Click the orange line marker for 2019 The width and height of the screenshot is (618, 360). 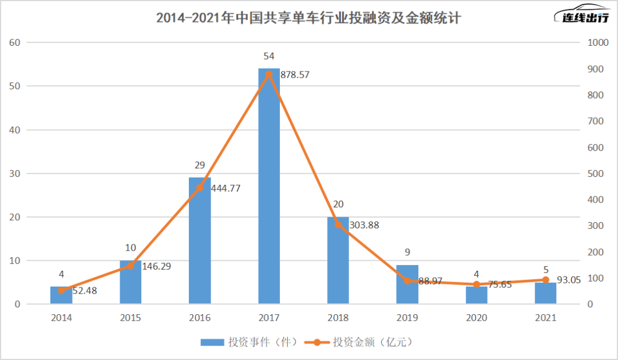407,281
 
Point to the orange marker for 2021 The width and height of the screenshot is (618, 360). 545,280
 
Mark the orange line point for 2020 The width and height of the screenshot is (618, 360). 477,284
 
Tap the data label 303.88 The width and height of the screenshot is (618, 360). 361,225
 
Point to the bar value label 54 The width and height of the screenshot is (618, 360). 269,56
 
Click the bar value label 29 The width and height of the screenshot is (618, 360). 200,165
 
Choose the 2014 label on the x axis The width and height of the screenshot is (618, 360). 61,318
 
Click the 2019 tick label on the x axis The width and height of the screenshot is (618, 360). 407,318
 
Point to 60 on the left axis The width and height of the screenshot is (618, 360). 15,42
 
